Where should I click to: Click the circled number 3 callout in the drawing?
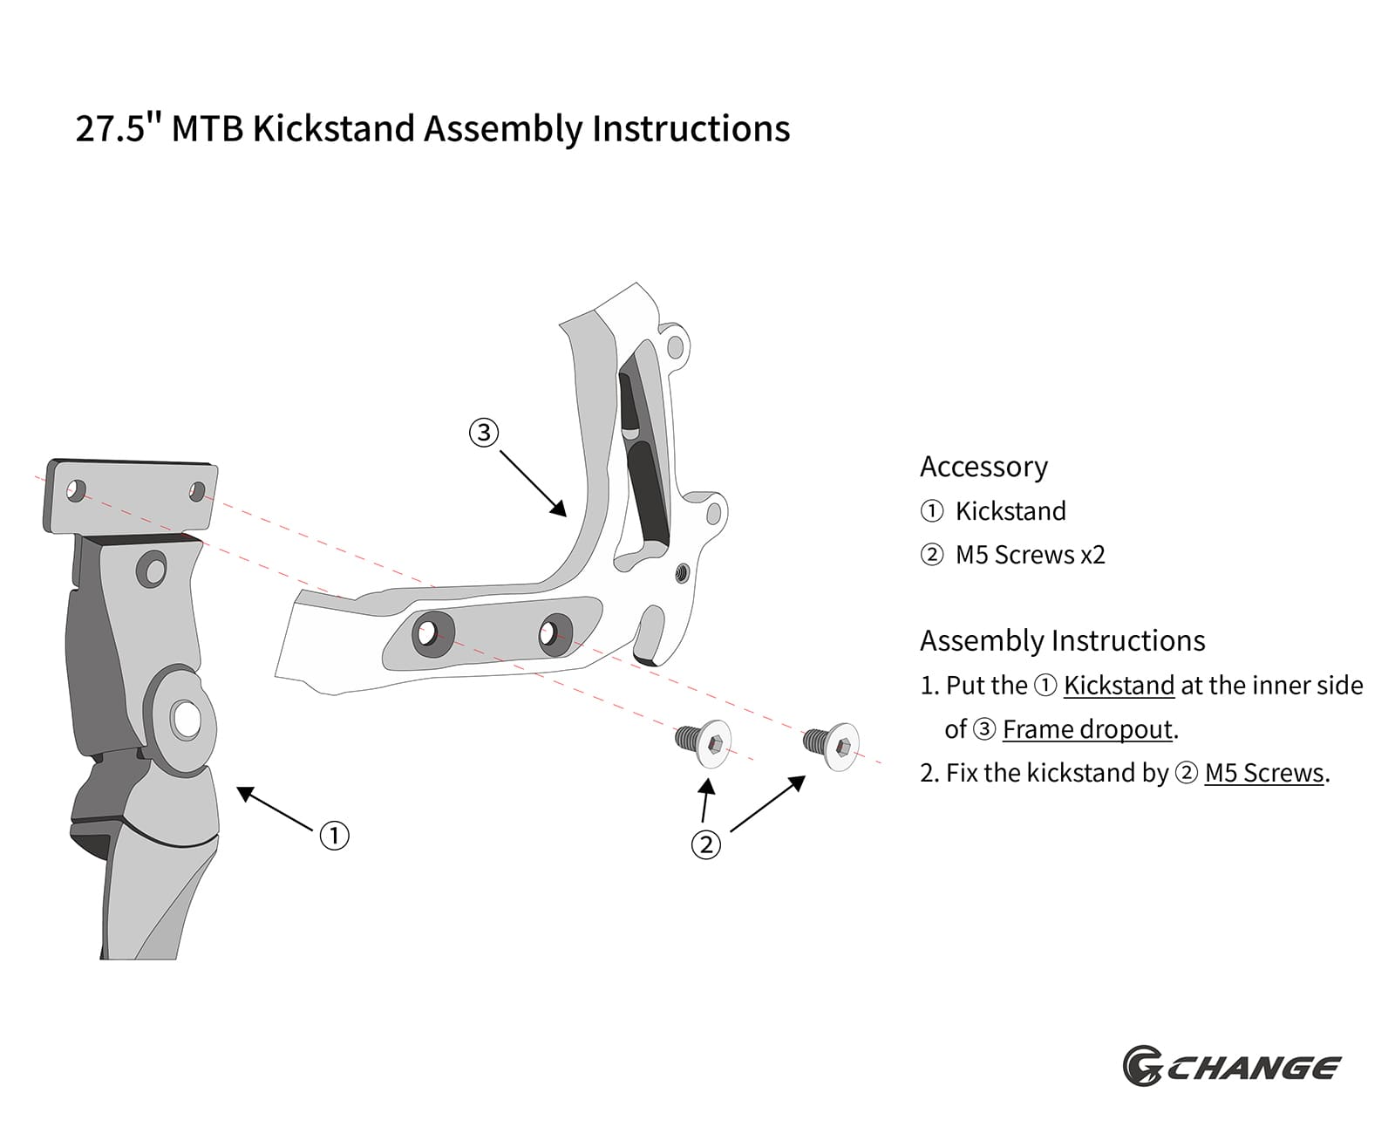coord(483,432)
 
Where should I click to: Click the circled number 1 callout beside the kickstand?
coord(334,836)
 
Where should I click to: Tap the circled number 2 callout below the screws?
coord(706,844)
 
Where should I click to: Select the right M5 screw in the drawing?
coord(833,746)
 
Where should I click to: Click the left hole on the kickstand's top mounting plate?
coord(76,490)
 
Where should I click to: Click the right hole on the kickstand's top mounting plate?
coord(198,492)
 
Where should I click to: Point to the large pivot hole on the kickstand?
coord(186,719)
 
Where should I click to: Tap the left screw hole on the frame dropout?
coord(428,632)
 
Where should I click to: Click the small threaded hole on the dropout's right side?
coord(682,573)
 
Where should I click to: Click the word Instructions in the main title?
coord(691,128)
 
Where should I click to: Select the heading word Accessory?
coord(983,467)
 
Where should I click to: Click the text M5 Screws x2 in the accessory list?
coord(1030,555)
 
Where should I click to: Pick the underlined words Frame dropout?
coord(1087,729)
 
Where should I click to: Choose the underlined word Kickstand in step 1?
coord(1119,686)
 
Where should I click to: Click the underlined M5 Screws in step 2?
coord(1263,773)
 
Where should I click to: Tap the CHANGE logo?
coord(1231,1068)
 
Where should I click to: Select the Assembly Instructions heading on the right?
coord(1062,641)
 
